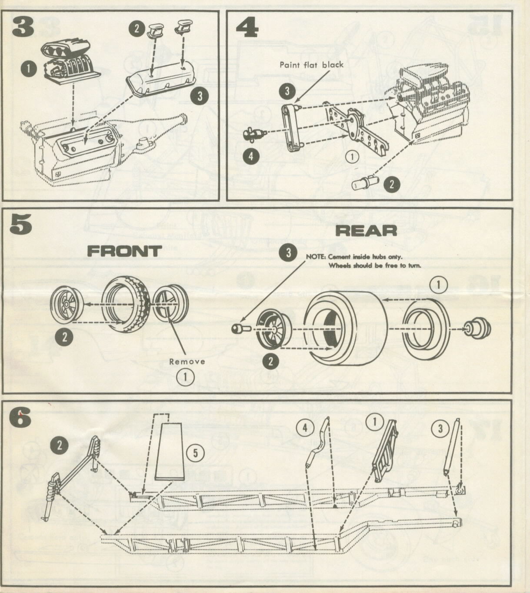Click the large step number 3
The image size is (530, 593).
point(23,27)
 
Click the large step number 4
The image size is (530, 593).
point(247,27)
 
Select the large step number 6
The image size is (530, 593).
point(20,419)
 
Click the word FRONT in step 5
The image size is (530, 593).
point(124,251)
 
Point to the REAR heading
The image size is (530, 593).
point(367,231)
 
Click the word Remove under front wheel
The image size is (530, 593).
point(187,361)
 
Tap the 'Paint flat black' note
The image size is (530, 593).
point(311,65)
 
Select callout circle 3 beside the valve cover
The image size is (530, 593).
point(200,96)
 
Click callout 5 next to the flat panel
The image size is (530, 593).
point(195,453)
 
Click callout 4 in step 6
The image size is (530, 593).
point(305,428)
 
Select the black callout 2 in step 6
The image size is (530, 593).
point(60,444)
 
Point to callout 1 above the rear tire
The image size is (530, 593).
point(438,285)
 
